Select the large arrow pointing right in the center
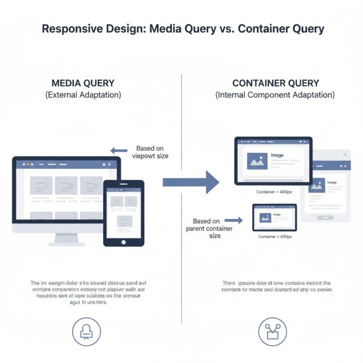point(191,181)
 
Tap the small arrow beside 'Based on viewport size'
point(119,151)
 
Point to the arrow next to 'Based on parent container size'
point(233,220)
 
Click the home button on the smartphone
point(123,242)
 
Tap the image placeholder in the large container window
point(257,161)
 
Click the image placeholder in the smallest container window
point(265,217)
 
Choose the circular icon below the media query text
point(86,331)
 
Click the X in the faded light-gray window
point(345,155)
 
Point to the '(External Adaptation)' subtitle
point(83,95)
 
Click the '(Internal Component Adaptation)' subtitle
point(275,95)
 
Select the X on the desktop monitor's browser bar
point(110,164)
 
